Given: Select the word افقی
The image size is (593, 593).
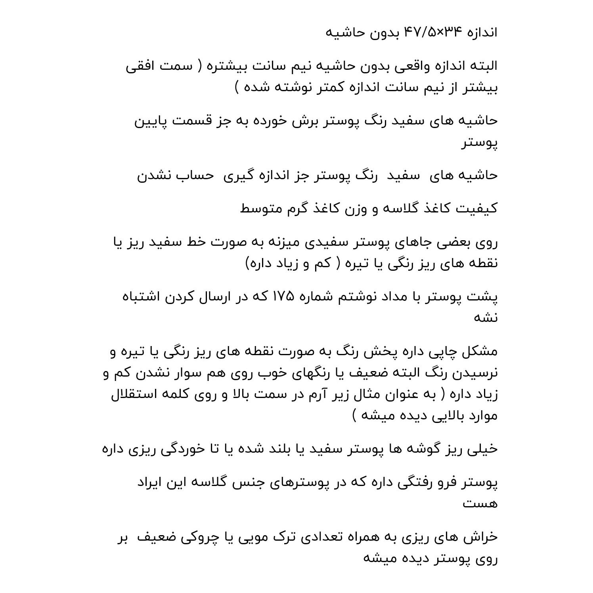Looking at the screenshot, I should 142,66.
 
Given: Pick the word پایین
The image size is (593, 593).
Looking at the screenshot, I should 150,121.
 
